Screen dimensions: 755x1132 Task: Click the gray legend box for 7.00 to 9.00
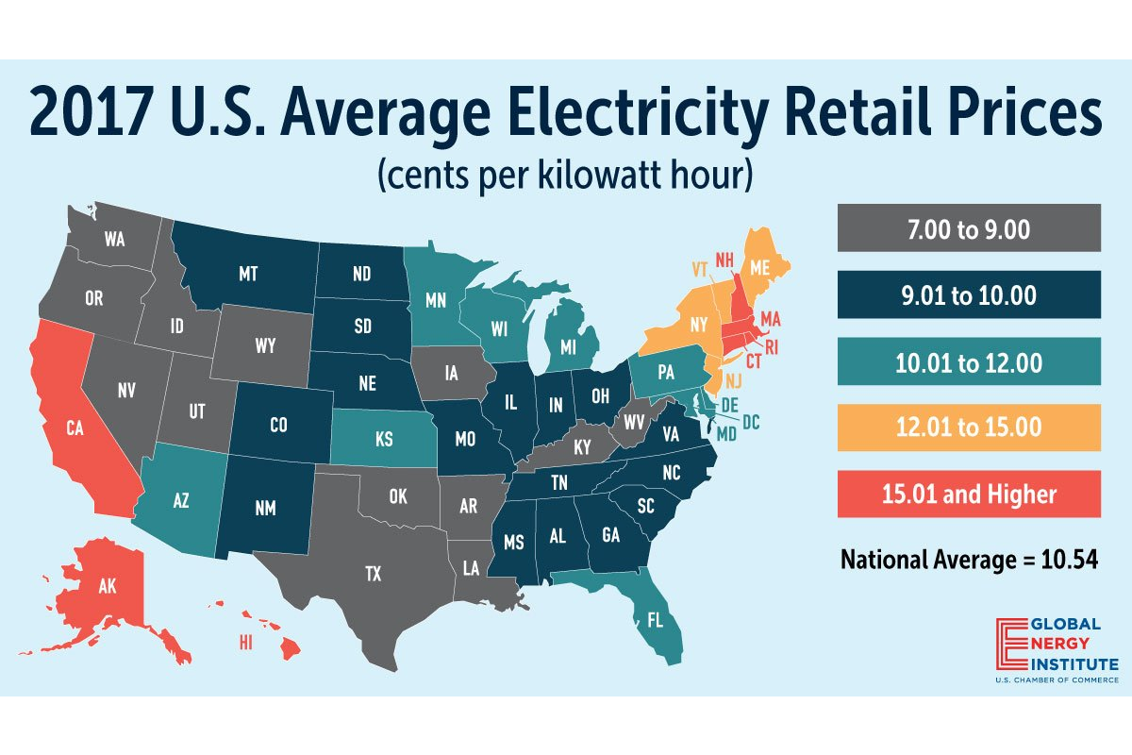point(969,228)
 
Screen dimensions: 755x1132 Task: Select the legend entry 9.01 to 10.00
point(969,294)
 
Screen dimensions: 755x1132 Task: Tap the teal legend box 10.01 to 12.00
point(969,361)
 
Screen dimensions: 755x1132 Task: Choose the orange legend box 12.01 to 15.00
point(969,427)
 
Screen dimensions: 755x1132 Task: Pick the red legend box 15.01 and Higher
point(969,494)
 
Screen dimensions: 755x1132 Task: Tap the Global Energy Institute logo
point(1057,649)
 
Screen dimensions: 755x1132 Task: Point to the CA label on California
point(78,426)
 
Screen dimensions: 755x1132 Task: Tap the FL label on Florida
point(655,621)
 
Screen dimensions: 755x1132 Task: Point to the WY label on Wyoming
point(265,346)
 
